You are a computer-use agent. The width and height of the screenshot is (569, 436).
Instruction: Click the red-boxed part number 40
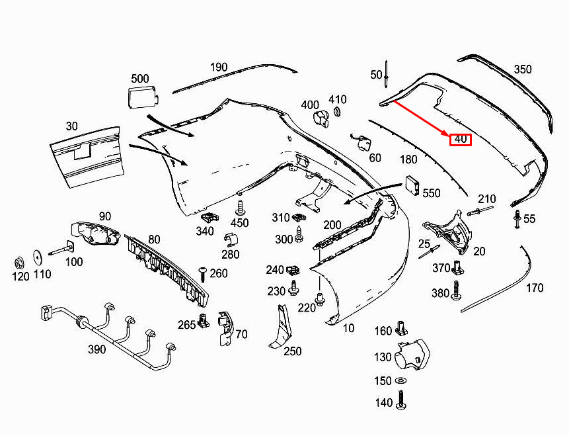(461, 140)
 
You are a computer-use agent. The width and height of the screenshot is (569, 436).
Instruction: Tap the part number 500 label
(139, 79)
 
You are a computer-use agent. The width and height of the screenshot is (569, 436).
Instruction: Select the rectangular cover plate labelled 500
(143, 97)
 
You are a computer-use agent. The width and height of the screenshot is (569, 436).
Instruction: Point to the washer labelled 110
(38, 257)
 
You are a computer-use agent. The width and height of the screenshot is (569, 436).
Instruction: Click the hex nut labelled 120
(19, 261)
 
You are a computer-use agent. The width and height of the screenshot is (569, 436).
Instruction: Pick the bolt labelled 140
(401, 400)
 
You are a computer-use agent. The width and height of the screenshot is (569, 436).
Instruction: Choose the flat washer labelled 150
(401, 380)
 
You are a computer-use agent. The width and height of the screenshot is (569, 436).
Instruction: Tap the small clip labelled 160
(401, 328)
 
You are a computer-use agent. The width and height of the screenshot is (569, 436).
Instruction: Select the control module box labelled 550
(412, 185)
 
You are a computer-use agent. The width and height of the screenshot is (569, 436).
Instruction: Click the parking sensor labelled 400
(321, 119)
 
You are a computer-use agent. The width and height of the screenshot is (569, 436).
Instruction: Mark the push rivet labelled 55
(517, 219)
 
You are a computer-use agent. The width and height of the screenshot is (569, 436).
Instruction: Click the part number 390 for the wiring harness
(96, 349)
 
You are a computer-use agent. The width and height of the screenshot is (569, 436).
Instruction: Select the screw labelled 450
(240, 208)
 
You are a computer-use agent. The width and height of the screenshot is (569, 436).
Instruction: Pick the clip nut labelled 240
(293, 270)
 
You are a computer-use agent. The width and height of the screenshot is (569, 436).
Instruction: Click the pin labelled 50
(387, 75)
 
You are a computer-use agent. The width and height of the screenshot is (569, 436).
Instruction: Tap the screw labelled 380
(456, 290)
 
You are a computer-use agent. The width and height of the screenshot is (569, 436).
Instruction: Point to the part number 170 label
(535, 288)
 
